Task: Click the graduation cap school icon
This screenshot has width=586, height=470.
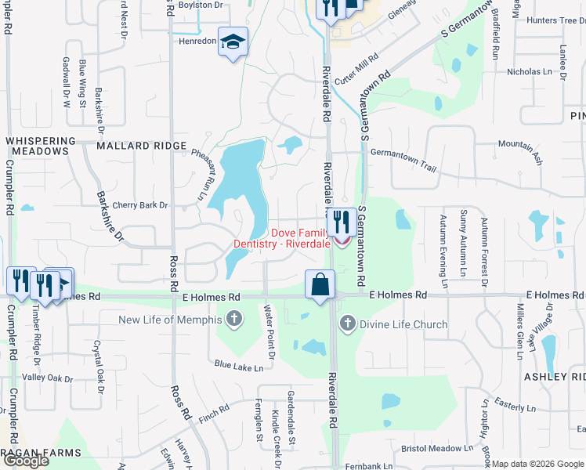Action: point(233,42)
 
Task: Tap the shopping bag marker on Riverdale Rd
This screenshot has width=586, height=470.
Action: point(320,284)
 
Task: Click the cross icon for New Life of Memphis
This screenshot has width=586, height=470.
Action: point(233,319)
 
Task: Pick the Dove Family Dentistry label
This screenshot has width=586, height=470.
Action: point(282,238)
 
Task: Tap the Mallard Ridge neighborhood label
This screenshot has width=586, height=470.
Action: point(142,146)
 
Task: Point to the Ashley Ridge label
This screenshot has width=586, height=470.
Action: point(555,377)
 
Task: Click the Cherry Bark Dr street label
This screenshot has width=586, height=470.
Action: point(140,205)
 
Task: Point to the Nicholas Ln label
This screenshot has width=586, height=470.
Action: point(530,72)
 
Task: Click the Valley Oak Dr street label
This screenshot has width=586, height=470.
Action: point(47,378)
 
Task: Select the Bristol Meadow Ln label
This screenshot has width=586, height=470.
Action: point(437,449)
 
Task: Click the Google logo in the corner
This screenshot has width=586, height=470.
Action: point(26,460)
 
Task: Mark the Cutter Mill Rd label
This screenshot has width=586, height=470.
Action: point(356,69)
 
